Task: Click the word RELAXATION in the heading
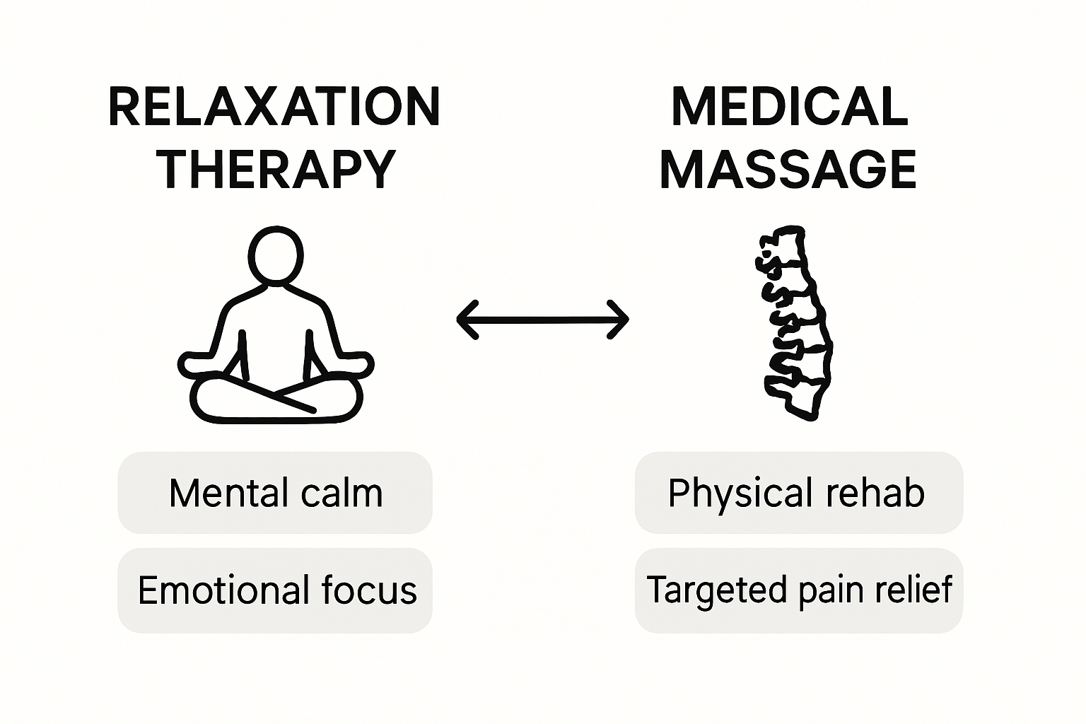click(274, 107)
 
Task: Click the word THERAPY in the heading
click(276, 170)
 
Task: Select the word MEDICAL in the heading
click(789, 107)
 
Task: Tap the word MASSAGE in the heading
click(788, 170)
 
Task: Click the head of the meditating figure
click(276, 255)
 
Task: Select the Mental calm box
click(275, 493)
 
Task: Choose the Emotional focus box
click(275, 590)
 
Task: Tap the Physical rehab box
click(798, 493)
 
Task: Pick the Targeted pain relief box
click(798, 590)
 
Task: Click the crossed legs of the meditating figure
click(276, 399)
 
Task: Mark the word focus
click(368, 590)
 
